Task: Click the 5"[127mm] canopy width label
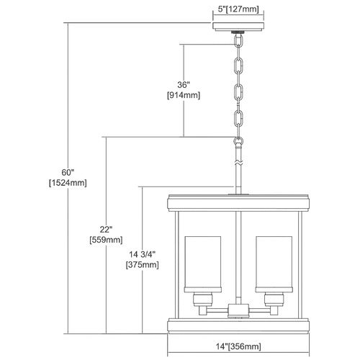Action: pyautogui.click(x=238, y=9)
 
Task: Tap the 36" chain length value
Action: pyautogui.click(x=184, y=85)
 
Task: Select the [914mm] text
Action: pyautogui.click(x=184, y=95)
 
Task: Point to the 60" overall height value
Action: pyautogui.click(x=68, y=172)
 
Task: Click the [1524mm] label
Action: pyautogui.click(x=68, y=183)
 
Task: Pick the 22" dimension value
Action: pyautogui.click(x=106, y=230)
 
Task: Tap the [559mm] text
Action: pyautogui.click(x=106, y=240)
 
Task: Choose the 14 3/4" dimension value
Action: pyautogui.click(x=143, y=254)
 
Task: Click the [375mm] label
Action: pyautogui.click(x=143, y=265)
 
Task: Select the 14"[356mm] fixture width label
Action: pyautogui.click(x=238, y=346)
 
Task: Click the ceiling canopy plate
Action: pyautogui.click(x=238, y=27)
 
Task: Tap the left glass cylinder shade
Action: pyautogui.click(x=203, y=264)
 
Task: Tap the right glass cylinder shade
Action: pyautogui.click(x=274, y=264)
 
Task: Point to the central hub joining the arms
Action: pyautogui.click(x=238, y=310)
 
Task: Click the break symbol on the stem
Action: pyautogui.click(x=238, y=163)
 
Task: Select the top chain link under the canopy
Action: pyautogui.click(x=238, y=41)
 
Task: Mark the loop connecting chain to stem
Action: pyautogui.click(x=238, y=141)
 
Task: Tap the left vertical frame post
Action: pyautogui.click(x=177, y=265)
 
